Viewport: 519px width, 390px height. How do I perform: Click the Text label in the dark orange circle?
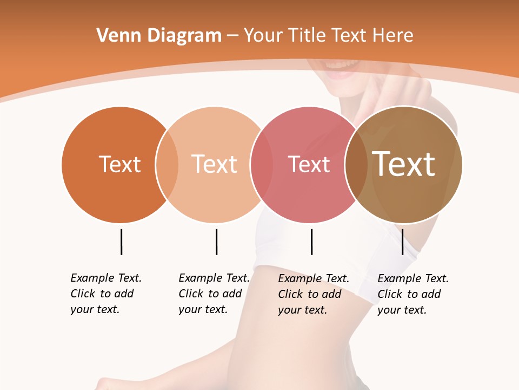click(119, 164)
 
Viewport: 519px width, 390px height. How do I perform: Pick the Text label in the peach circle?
click(214, 164)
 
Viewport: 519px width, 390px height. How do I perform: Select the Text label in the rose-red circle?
click(309, 165)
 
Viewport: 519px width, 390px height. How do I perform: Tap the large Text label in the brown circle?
click(403, 164)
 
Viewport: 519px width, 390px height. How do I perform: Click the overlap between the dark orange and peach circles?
click(167, 165)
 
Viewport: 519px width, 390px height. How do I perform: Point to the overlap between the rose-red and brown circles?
click(356, 165)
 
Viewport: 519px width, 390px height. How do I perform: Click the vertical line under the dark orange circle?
click(121, 242)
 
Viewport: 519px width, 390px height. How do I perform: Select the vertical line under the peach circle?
click(216, 242)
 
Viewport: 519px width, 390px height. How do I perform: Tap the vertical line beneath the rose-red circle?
click(311, 242)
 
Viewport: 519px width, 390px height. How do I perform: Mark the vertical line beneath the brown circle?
click(402, 242)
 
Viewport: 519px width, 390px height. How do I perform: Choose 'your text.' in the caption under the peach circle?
click(203, 309)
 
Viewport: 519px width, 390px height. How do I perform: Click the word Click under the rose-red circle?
click(290, 294)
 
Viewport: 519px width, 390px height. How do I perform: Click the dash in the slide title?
click(232, 36)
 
